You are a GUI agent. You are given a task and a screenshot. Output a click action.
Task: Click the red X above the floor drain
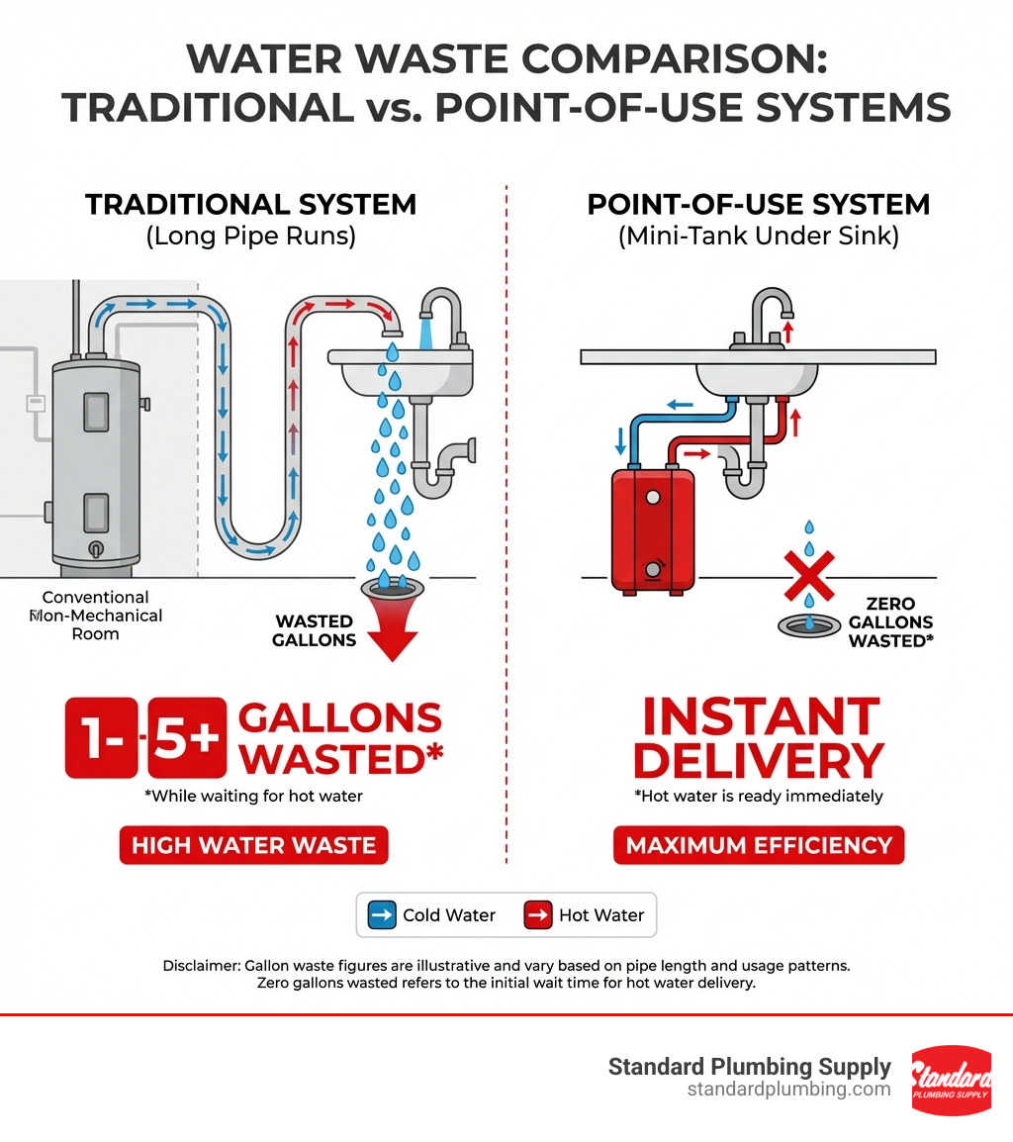point(808,576)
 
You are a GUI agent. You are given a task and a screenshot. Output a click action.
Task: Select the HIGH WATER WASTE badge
point(254,846)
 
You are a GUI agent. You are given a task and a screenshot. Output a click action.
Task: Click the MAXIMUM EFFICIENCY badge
point(759,846)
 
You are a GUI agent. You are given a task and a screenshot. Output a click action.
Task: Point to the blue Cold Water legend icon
point(382,915)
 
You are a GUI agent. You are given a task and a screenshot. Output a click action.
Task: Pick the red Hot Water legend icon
point(538,915)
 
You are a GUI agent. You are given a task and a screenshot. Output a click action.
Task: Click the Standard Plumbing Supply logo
point(950,1080)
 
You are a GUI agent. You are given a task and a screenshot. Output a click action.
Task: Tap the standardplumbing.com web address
point(788,1090)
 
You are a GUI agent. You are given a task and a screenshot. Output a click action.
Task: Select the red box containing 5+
point(186,738)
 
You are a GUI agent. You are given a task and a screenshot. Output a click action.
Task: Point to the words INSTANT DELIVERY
point(757,738)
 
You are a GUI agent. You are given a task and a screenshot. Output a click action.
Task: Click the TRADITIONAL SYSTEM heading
point(250,205)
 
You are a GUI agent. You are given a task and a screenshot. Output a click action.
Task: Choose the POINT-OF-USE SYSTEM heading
point(759,205)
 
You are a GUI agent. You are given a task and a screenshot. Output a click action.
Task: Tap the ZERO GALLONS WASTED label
point(890,621)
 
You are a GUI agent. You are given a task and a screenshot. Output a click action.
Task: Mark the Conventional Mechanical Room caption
point(96,616)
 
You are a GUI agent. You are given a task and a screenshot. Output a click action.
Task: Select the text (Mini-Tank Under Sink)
point(759,238)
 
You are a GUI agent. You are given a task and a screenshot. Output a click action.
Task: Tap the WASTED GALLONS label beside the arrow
point(315,630)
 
